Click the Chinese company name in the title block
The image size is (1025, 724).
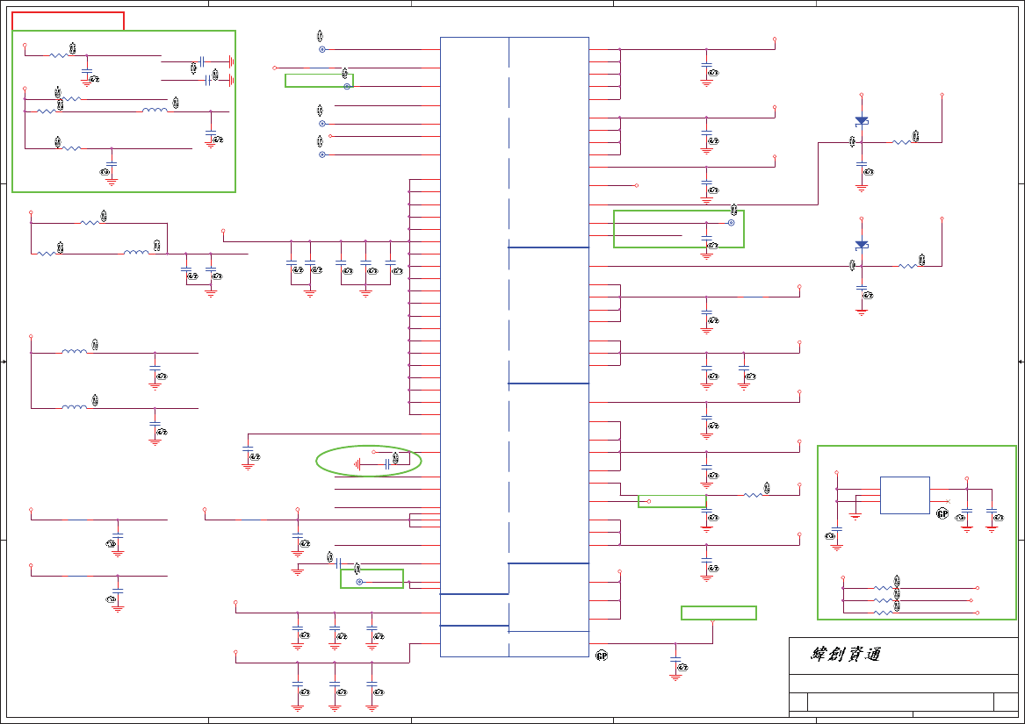tap(845, 655)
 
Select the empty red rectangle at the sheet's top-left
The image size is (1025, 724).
tap(69, 21)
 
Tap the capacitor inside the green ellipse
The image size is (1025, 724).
tap(386, 463)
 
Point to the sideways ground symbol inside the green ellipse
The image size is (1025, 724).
tap(357, 463)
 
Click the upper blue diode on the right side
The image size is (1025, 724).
tap(862, 121)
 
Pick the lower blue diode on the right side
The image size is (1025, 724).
tap(862, 245)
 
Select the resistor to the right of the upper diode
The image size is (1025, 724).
tap(902, 142)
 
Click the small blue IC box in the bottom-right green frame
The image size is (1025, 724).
tap(905, 495)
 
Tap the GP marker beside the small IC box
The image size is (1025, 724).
tap(942, 513)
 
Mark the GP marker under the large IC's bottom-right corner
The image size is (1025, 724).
tap(602, 656)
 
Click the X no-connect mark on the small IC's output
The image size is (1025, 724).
tap(949, 501)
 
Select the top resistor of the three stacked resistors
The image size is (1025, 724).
tap(883, 588)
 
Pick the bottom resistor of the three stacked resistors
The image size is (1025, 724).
tap(883, 613)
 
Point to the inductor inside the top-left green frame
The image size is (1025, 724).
tap(155, 111)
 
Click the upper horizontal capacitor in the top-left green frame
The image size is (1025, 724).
tap(202, 61)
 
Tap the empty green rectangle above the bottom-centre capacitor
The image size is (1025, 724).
tap(718, 613)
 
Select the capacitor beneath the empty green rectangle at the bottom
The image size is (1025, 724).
tap(675, 660)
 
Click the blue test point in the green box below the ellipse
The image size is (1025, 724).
tap(359, 582)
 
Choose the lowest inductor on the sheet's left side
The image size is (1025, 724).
tap(75, 408)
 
